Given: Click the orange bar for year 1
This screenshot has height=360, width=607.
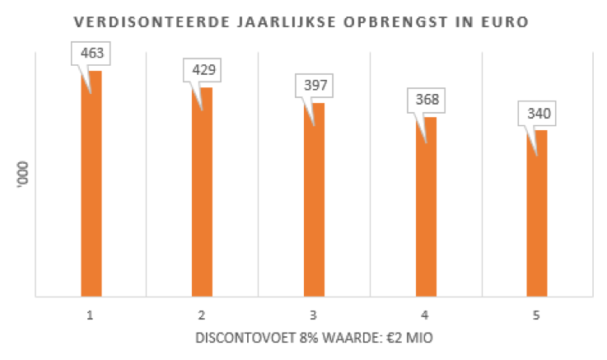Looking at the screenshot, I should (x=91, y=183).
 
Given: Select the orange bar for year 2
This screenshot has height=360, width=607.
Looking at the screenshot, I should (x=203, y=191).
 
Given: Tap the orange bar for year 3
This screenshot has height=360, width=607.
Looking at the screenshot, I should (x=314, y=199).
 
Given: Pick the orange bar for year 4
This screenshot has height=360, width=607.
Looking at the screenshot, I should (x=425, y=206).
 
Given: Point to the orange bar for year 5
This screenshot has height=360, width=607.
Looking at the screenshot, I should (x=536, y=213).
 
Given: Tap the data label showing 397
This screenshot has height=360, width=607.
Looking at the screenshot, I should (x=313, y=86).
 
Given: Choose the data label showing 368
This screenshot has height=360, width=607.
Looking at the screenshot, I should (x=425, y=101).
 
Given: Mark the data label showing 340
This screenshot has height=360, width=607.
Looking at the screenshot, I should (x=536, y=114).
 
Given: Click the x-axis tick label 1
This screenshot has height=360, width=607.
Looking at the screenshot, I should (x=91, y=314).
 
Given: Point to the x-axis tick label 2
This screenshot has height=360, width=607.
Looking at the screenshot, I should (x=202, y=314).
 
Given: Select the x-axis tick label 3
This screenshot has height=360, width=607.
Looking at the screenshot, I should (x=313, y=314).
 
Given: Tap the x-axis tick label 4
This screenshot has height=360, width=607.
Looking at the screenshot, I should (x=425, y=314).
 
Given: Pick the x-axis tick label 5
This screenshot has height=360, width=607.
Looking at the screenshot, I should (x=536, y=314).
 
